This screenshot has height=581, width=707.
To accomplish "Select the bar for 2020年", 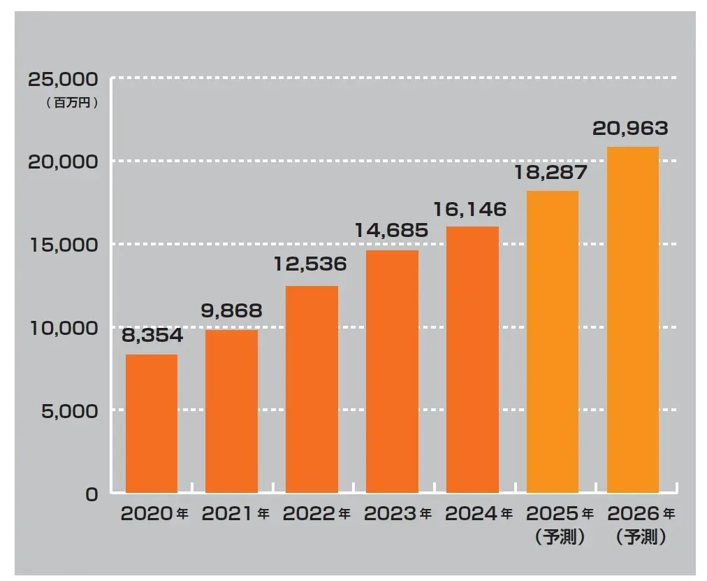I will tap(152, 424).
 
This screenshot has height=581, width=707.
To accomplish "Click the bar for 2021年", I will tap(231, 411).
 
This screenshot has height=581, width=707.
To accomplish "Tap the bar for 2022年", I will tap(312, 389).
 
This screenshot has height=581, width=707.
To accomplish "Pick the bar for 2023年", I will tap(392, 371).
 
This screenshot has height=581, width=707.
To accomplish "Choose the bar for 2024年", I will tap(472, 359).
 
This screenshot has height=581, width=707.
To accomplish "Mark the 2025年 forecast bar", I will tap(553, 342).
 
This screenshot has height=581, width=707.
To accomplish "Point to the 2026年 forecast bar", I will tap(633, 320).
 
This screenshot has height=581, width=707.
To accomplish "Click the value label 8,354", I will tap(152, 336).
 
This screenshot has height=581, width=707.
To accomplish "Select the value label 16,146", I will tap(469, 208).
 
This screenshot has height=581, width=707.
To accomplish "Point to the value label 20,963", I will tap(630, 129).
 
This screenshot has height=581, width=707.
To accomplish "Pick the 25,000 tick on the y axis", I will tap(63, 78).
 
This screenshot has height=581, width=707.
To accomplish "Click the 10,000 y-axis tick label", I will tap(63, 328).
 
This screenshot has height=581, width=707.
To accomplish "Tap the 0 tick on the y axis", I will tap(92, 494).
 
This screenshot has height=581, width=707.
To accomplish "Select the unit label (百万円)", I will tap(72, 102).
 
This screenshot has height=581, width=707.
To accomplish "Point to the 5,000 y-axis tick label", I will tap(68, 411).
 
